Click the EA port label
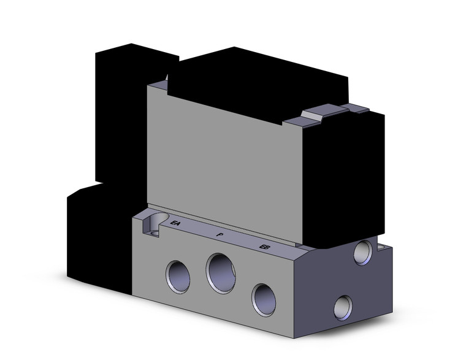(x=175, y=223)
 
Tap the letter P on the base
(x=220, y=234)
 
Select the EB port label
(x=265, y=247)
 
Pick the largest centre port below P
(x=221, y=272)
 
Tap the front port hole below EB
(x=264, y=299)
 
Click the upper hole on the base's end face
(x=363, y=251)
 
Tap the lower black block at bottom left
(x=98, y=239)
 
